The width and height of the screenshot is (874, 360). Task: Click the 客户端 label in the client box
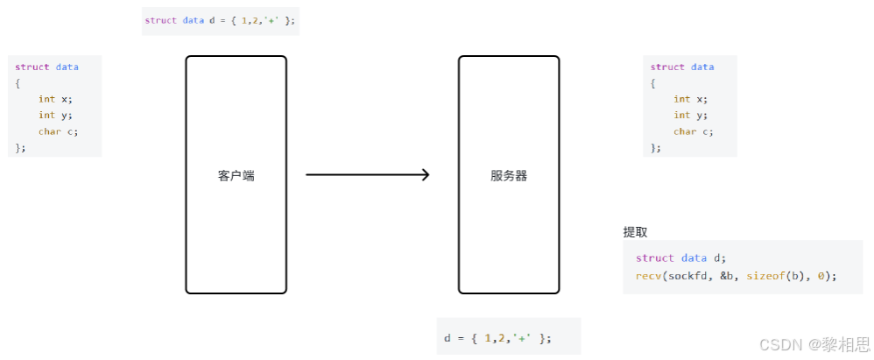[x=236, y=175]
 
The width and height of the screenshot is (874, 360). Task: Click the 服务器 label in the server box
[x=509, y=175]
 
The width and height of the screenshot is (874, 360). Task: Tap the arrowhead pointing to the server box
[x=425, y=175]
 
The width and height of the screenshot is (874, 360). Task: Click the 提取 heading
[x=635, y=232]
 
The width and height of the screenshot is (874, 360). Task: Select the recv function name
[x=649, y=276]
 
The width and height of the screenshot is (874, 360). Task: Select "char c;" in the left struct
[x=57, y=131]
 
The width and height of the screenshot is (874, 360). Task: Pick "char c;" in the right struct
[x=693, y=131]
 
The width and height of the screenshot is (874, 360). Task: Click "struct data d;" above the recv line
[x=681, y=258]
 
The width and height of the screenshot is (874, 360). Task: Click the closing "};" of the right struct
[x=656, y=147]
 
